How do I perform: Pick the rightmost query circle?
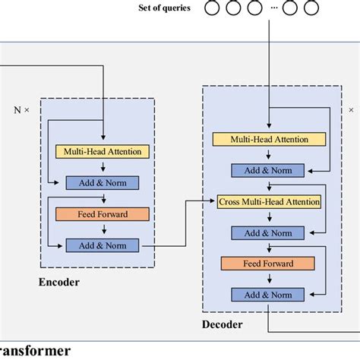pos(310,10)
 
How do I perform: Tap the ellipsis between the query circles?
pos(271,10)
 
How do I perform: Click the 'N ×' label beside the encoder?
pos(22,109)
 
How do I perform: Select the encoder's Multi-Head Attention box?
pos(102,151)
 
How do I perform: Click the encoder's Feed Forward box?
pos(102,214)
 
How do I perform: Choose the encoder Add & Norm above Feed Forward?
pos(102,182)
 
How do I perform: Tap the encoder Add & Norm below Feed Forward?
pos(102,245)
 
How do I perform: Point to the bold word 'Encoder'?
pos(59,283)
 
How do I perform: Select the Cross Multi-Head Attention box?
pos(269,202)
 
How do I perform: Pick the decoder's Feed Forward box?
pos(267,264)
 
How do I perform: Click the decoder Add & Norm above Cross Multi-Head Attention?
pos(267,170)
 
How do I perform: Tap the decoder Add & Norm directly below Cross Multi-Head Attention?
pos(267,232)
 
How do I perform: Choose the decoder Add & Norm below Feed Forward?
pos(267,295)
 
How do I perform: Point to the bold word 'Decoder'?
pos(223,324)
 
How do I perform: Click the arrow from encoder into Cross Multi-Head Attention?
pos(186,228)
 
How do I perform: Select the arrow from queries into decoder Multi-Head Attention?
pos(267,76)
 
